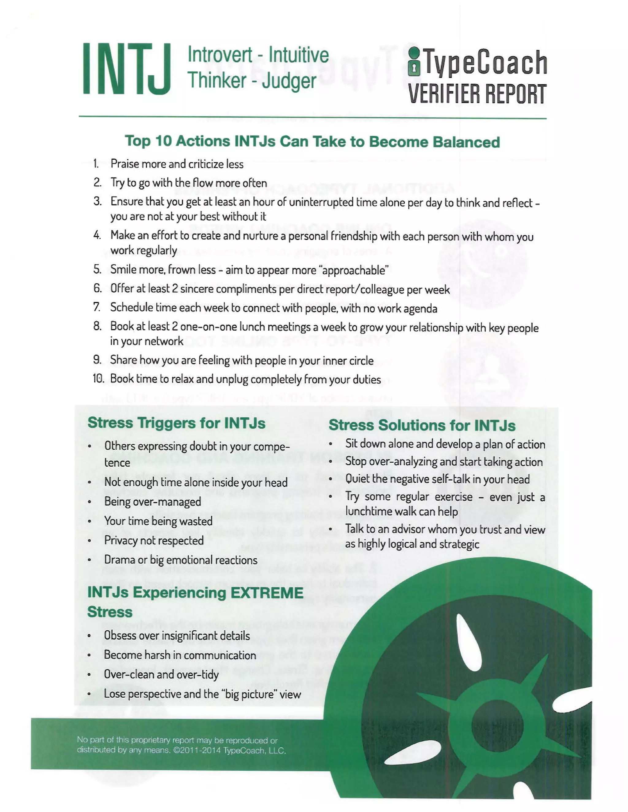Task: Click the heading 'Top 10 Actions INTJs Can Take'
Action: [312, 142]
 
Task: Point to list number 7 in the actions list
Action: [97, 307]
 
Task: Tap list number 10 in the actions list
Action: [98, 378]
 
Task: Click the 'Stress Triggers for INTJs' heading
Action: [176, 423]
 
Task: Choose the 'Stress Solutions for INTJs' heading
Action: [422, 425]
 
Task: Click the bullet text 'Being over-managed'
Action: [152, 502]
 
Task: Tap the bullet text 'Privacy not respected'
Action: [154, 540]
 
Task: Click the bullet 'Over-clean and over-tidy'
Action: [161, 674]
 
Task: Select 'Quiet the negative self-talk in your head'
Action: [437, 479]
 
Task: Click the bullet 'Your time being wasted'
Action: [158, 521]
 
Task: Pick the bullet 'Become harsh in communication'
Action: [180, 655]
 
